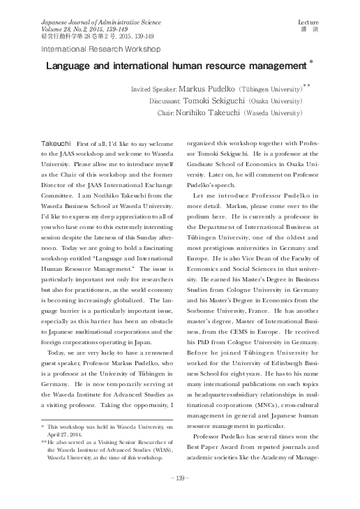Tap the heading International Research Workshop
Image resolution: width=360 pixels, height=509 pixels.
coord(101,50)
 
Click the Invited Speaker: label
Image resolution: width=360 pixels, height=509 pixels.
coord(154,90)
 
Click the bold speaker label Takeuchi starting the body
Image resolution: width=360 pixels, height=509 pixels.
coord(57,142)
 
